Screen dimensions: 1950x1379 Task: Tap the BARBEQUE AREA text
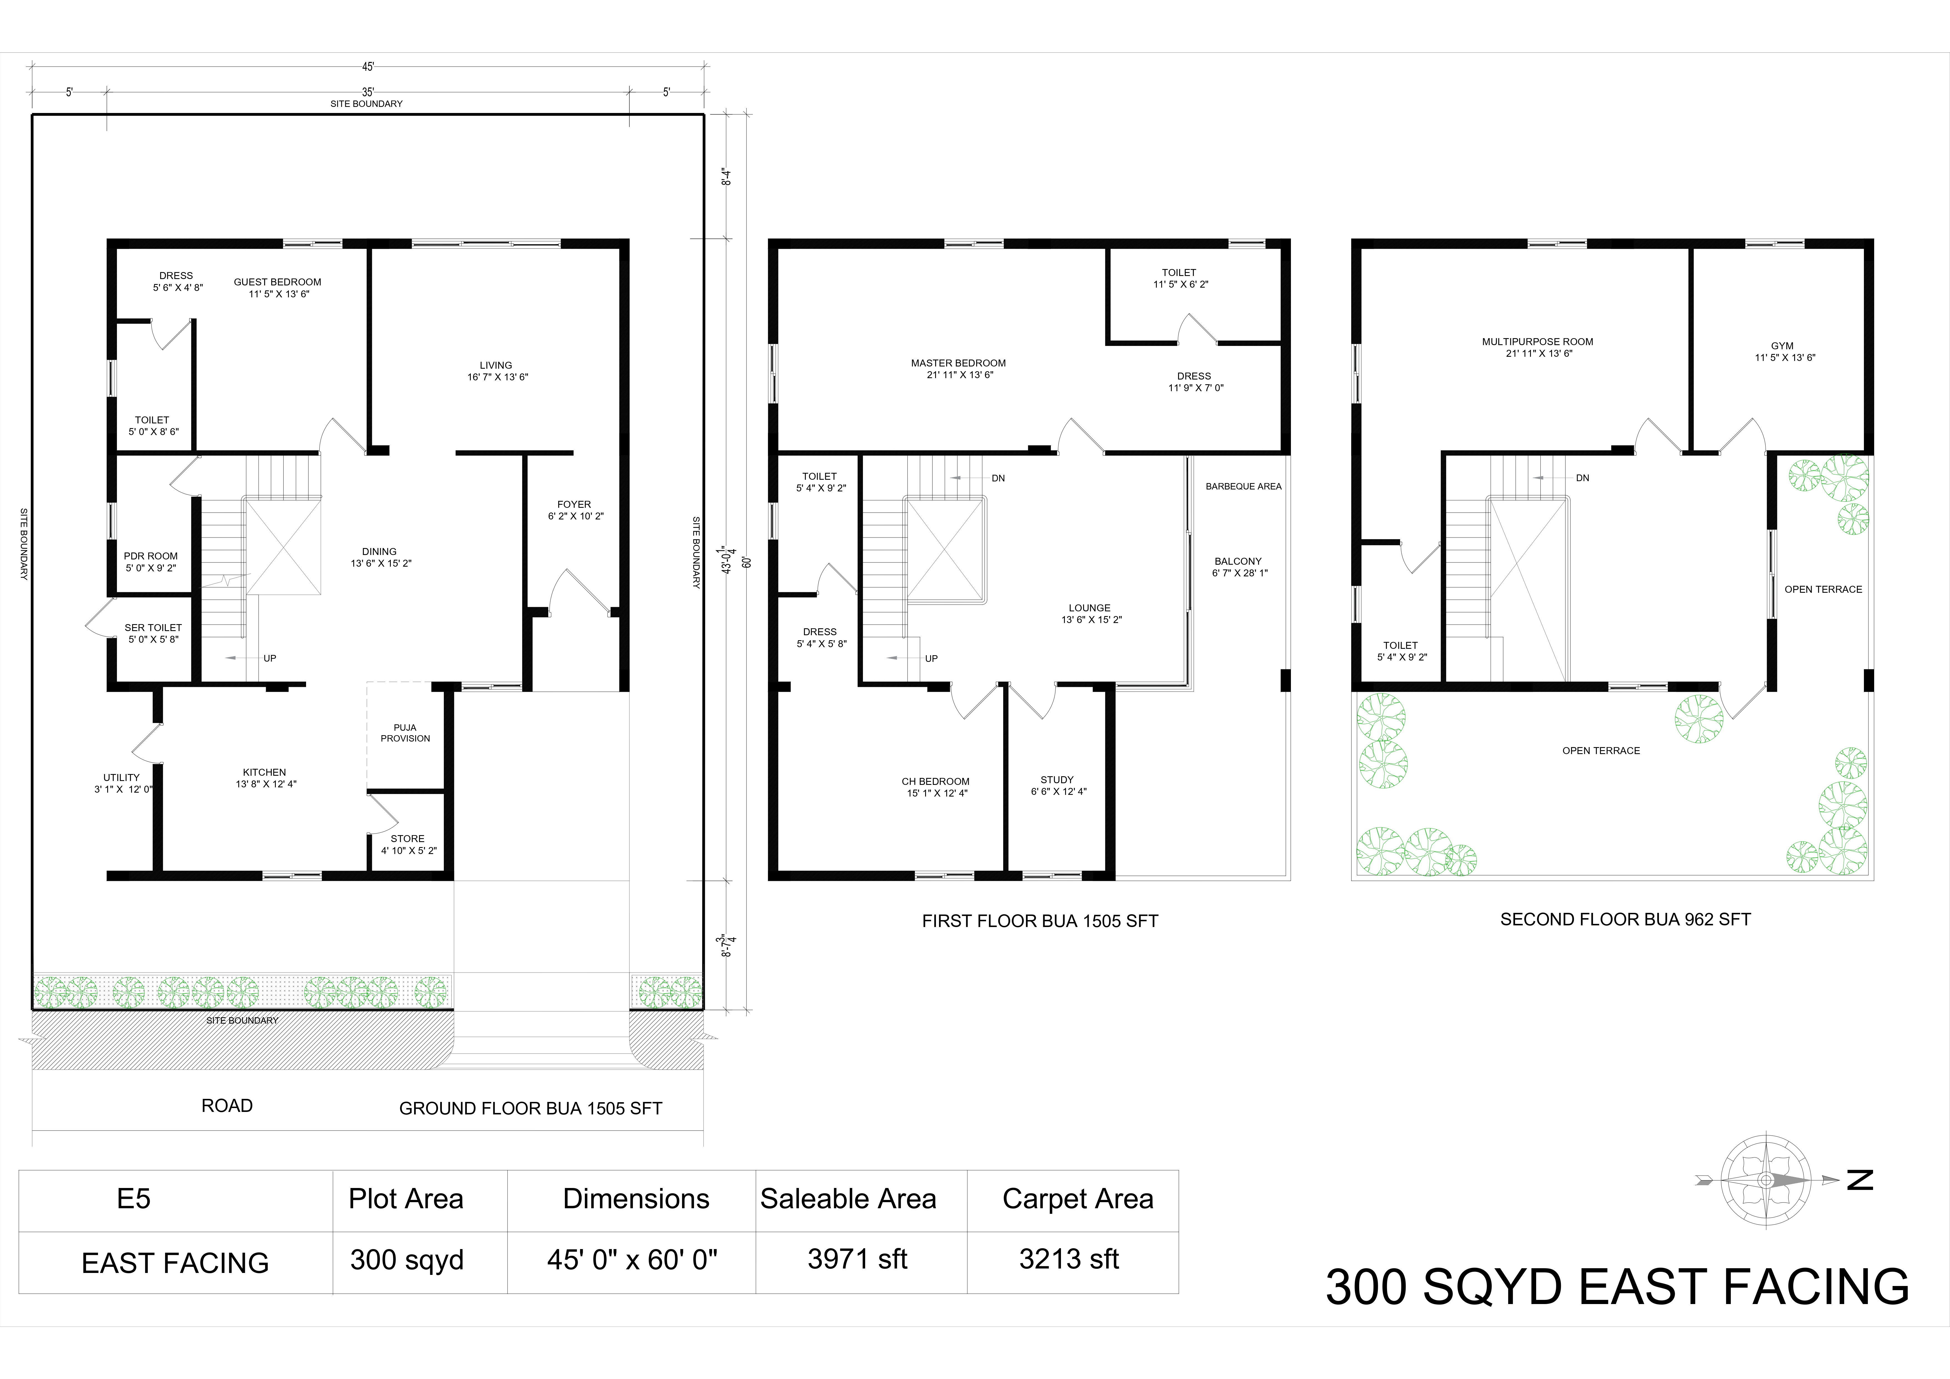pos(1243,487)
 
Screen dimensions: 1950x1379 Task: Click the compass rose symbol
pos(1766,1180)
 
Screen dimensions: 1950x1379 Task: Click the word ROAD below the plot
pos(227,1106)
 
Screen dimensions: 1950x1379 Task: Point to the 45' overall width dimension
pos(368,66)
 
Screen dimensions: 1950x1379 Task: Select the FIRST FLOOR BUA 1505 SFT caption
pos(1040,921)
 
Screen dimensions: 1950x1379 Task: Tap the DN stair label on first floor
pos(998,478)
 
